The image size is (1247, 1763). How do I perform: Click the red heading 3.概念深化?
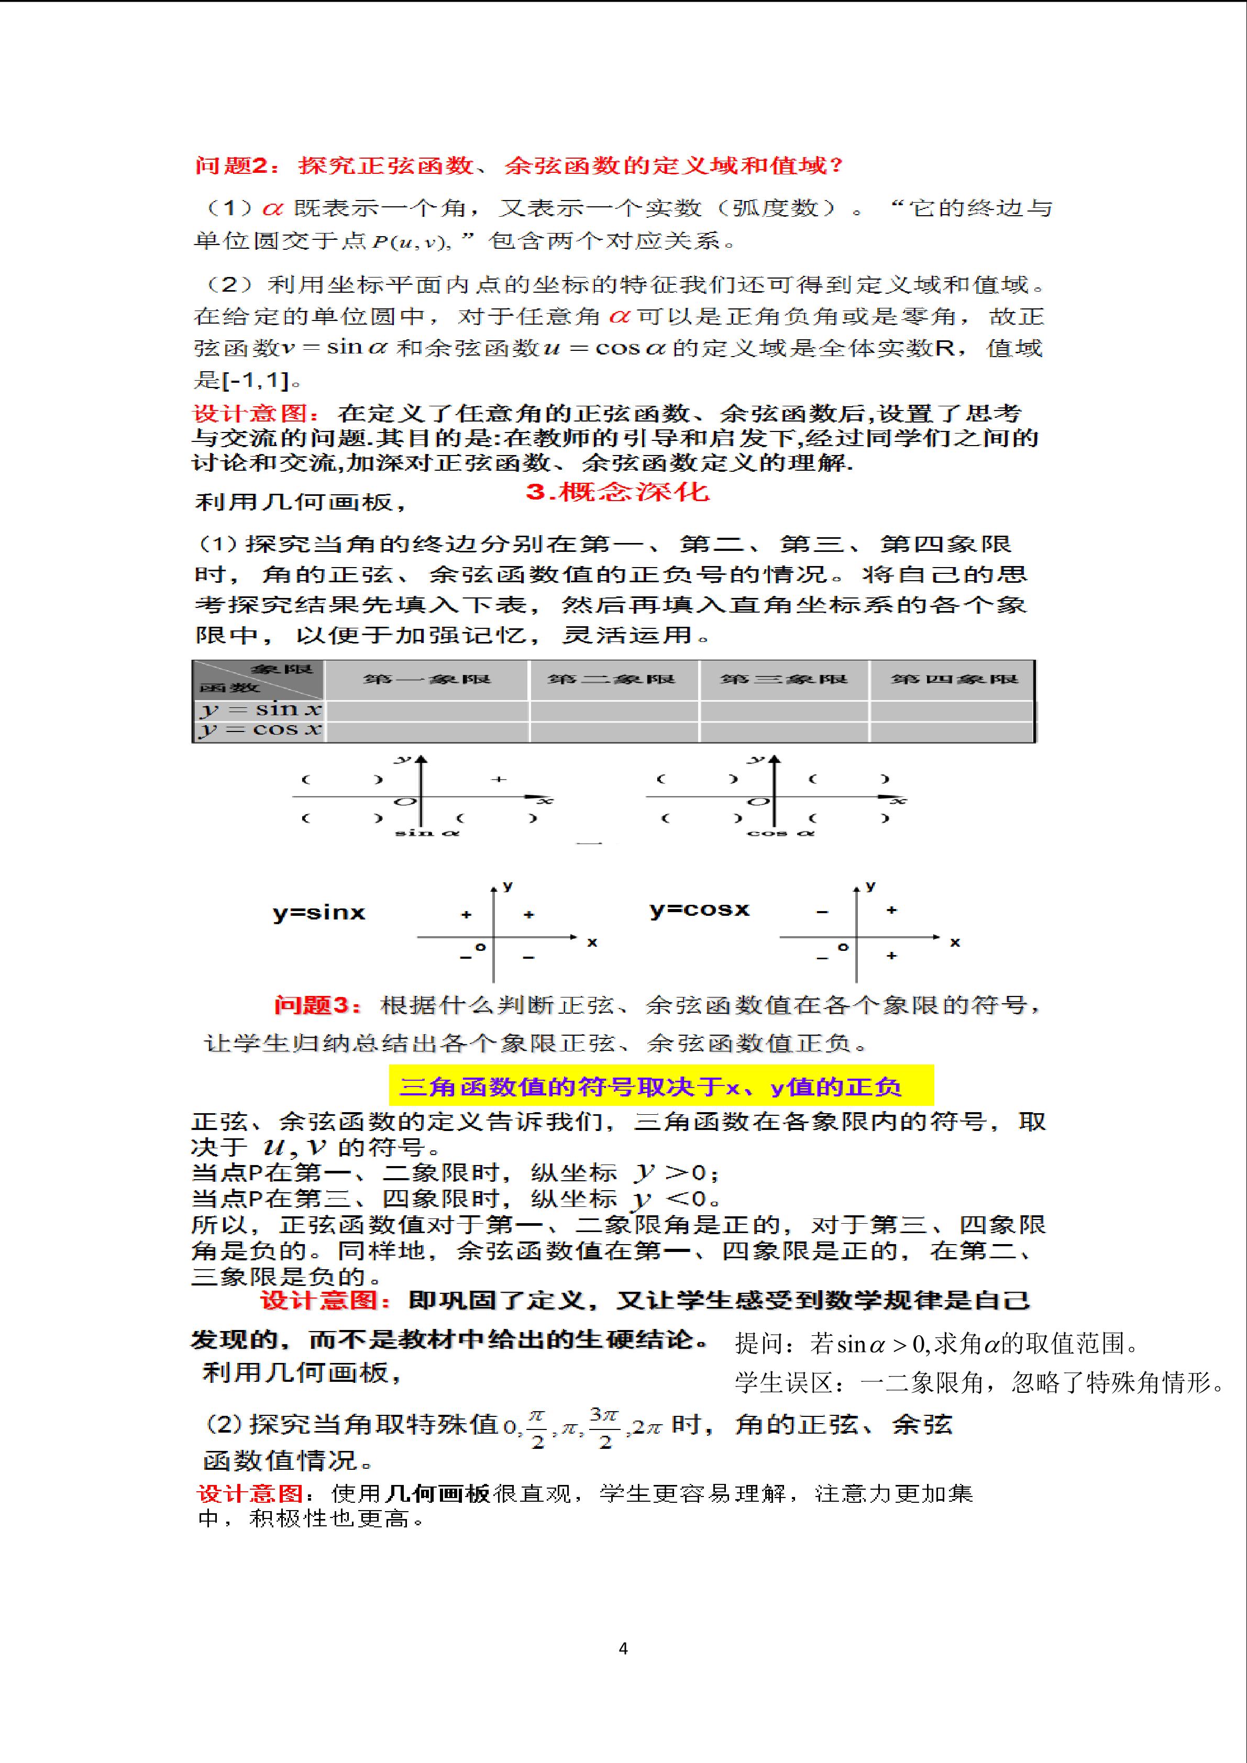coord(617,492)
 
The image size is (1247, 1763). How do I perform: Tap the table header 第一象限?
coord(427,679)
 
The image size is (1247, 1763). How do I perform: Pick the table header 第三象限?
coord(783,679)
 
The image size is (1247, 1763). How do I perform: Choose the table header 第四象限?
coord(954,679)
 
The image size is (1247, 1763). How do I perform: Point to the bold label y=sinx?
coord(318,912)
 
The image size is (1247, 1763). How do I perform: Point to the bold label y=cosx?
coord(699,909)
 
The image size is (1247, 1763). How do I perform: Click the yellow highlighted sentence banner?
coord(660,1086)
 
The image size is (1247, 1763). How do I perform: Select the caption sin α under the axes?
coord(427,833)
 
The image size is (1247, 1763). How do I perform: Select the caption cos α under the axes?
coord(780,833)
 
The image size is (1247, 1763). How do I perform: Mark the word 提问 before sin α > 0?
coord(759,1344)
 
